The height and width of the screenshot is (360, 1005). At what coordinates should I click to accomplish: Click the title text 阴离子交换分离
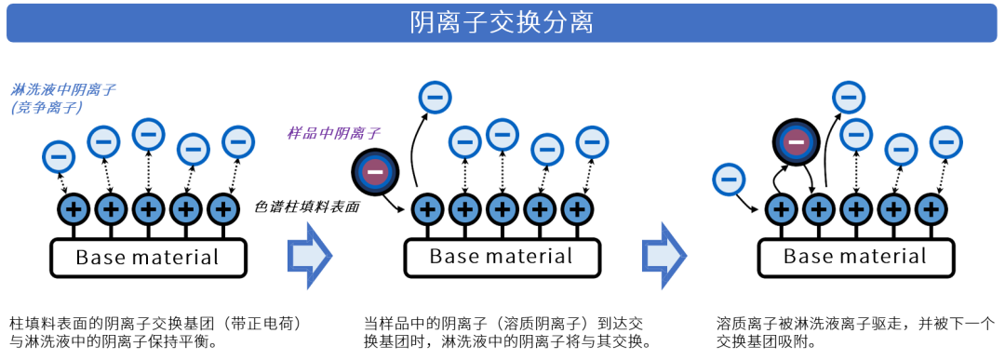(x=502, y=22)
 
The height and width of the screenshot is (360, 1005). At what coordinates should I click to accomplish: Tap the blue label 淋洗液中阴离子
(x=63, y=90)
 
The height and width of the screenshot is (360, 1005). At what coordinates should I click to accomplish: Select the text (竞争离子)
(x=47, y=108)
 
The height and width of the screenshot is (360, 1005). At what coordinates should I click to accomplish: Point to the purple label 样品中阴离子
(x=333, y=133)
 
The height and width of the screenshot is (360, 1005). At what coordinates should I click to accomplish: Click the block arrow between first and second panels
(x=309, y=255)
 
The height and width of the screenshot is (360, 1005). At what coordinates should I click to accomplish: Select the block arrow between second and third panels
(x=663, y=255)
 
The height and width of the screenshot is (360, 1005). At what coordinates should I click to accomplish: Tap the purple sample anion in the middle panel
(x=375, y=171)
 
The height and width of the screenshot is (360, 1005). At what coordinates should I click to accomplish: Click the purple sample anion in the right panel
(x=796, y=141)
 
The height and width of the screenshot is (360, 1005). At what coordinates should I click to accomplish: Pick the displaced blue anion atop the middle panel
(x=435, y=97)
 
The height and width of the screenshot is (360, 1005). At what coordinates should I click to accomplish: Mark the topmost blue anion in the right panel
(x=848, y=97)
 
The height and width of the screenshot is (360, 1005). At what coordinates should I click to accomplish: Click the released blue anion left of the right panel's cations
(x=729, y=179)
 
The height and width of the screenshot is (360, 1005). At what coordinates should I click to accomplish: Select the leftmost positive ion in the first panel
(x=74, y=209)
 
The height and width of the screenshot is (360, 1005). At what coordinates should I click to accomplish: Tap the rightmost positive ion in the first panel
(x=223, y=209)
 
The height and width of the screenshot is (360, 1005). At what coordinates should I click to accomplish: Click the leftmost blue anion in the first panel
(x=59, y=155)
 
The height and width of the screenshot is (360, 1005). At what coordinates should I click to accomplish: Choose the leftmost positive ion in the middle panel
(x=428, y=209)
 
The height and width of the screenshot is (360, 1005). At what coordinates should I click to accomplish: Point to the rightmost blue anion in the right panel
(x=945, y=142)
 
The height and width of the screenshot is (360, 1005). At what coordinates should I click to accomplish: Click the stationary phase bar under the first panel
(x=149, y=258)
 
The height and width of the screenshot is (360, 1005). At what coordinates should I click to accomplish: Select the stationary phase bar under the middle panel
(x=502, y=258)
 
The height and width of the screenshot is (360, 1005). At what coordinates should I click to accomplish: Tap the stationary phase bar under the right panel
(x=856, y=258)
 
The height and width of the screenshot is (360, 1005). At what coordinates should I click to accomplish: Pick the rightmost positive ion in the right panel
(x=931, y=209)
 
